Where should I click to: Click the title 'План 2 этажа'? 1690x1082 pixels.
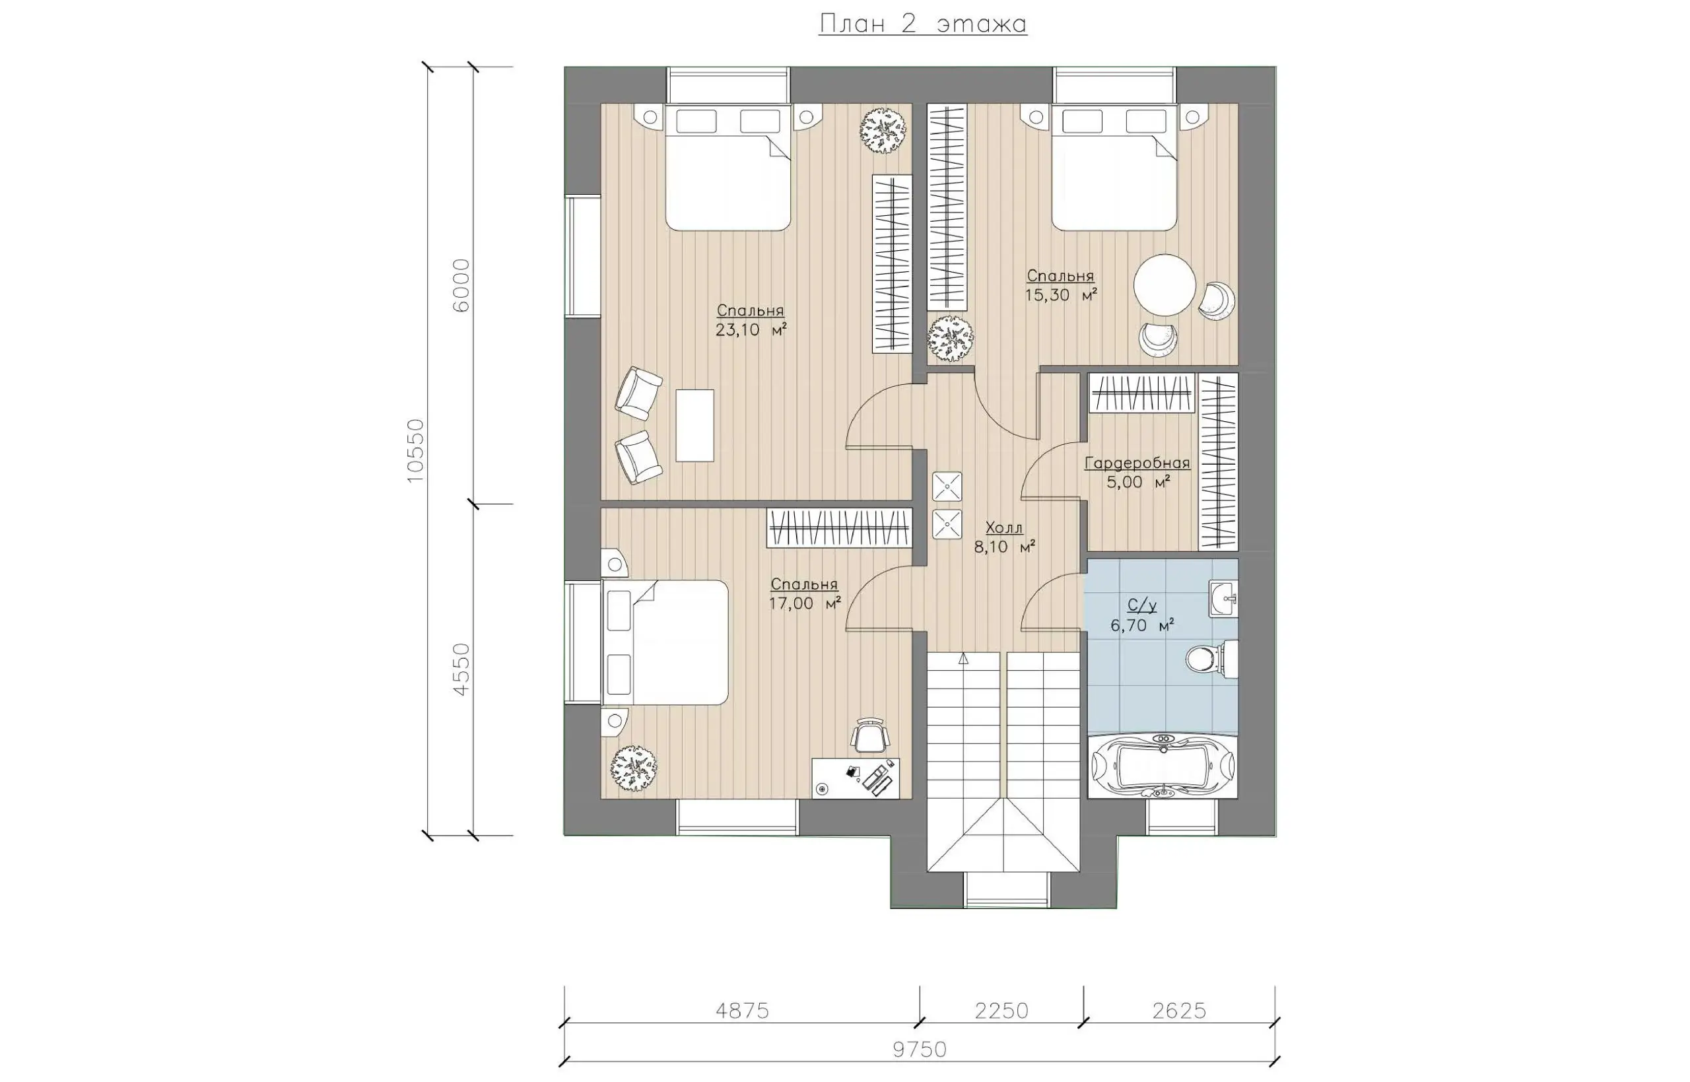[922, 24]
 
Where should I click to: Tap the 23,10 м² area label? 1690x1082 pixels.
[750, 329]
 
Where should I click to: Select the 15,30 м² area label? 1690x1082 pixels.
[1061, 295]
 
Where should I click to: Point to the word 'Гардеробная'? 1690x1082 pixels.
[1137, 463]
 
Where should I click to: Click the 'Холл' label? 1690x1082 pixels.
[1003, 527]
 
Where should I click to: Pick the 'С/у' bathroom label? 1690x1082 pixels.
[1142, 605]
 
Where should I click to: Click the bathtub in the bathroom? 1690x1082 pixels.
[1163, 766]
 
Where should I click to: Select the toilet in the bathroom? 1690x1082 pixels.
[1211, 658]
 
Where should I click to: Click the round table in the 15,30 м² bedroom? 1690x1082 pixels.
[1165, 285]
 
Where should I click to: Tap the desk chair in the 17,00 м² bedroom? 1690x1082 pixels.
[870, 735]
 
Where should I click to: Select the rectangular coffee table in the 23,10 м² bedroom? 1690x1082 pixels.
[694, 425]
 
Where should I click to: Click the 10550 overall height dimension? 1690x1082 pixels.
[416, 450]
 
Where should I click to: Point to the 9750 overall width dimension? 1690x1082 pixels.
[920, 1050]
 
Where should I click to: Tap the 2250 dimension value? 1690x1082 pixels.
[1001, 1011]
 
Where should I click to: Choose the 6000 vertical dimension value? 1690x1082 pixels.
[461, 285]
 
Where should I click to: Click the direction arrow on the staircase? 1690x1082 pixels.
[963, 659]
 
